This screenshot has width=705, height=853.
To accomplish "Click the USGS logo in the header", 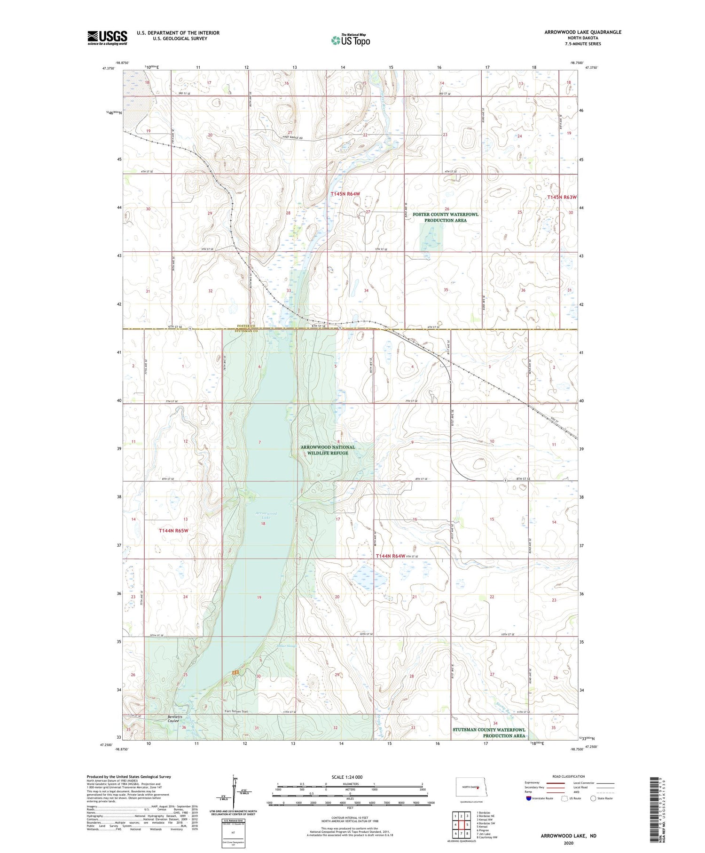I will (107, 38).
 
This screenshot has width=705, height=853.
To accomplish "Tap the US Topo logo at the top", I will (351, 40).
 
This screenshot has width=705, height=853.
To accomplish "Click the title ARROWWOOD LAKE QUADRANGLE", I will (582, 32).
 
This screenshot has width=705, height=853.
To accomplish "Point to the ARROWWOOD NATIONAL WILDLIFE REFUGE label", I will (328, 450).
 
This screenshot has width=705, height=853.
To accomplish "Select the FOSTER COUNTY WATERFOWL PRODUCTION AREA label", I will (445, 217).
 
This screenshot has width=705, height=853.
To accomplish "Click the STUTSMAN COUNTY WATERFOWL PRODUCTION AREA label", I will (489, 733).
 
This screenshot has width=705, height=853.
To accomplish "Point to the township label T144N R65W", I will (173, 531).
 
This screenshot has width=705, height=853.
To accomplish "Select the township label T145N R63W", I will (561, 198).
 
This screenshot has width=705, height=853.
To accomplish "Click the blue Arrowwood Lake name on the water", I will (266, 515).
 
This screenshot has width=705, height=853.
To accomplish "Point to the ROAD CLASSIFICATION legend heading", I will (569, 776).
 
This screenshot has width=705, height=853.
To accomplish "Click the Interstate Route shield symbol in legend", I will (529, 798).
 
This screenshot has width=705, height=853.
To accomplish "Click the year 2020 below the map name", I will (568, 843).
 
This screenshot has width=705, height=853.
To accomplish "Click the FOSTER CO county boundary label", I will (246, 326).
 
